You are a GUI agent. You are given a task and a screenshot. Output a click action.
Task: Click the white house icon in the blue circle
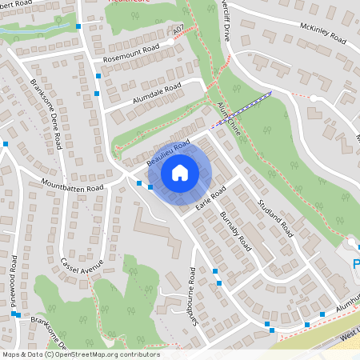[x=179, y=172]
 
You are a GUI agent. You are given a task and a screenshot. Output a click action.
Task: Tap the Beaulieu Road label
[x=168, y=153]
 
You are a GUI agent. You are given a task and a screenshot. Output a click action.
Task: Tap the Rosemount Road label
[x=126, y=55]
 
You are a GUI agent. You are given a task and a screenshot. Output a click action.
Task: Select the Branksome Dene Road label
[x=46, y=114]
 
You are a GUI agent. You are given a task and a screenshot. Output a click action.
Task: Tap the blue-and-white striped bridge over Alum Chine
[x=240, y=109]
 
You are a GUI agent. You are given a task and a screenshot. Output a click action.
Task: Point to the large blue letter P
[x=356, y=264]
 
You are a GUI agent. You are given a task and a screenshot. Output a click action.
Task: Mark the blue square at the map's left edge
[x=5, y=144]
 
